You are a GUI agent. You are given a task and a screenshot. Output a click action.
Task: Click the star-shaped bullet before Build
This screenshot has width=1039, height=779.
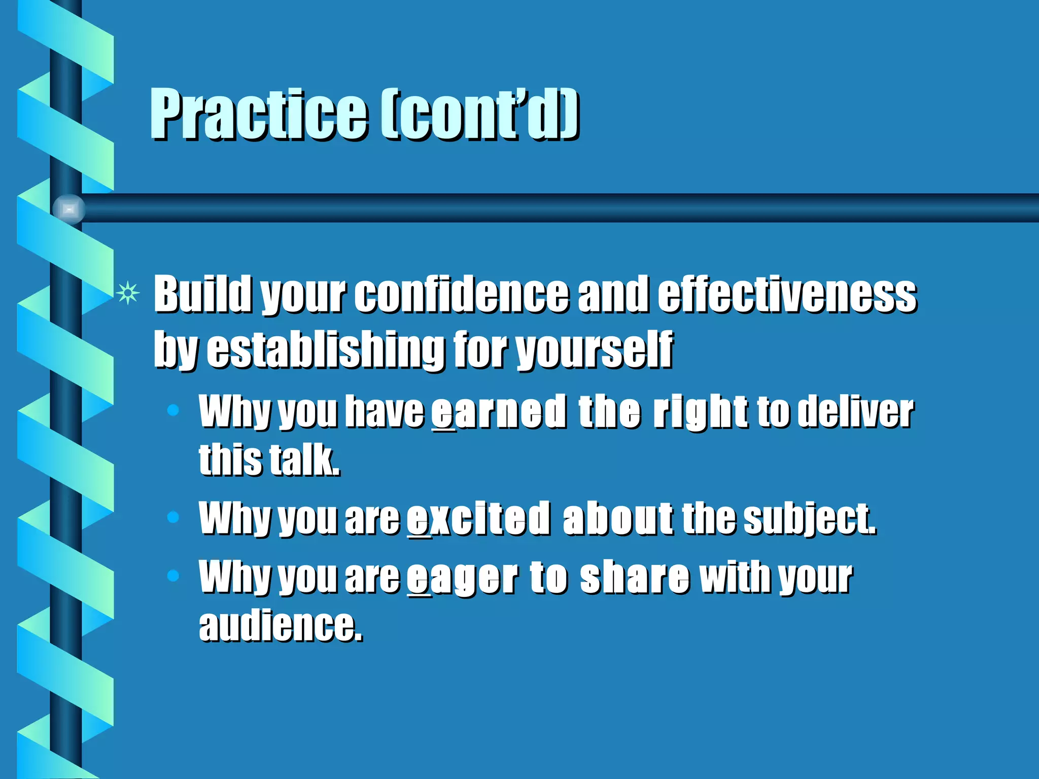(x=127, y=293)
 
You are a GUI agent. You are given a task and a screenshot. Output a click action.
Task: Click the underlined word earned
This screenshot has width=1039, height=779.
(x=498, y=411)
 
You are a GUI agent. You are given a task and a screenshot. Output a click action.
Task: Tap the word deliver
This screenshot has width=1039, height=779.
(x=855, y=411)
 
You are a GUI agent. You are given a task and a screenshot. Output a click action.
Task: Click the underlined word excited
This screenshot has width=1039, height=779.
(x=478, y=518)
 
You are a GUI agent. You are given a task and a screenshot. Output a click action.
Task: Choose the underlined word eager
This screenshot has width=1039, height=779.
(x=462, y=578)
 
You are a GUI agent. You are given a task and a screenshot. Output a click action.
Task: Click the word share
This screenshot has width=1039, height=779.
(x=634, y=578)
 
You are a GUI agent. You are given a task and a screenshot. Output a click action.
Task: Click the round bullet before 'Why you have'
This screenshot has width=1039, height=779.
(x=173, y=410)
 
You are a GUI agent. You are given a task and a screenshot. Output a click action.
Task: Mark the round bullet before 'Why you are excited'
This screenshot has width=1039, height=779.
(x=173, y=517)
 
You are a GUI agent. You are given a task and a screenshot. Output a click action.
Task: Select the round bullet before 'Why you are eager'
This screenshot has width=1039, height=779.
(x=173, y=576)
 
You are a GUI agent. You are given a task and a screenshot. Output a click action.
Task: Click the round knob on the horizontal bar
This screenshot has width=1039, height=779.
(x=69, y=208)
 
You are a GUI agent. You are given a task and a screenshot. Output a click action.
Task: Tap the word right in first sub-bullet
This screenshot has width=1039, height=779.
(x=700, y=411)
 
